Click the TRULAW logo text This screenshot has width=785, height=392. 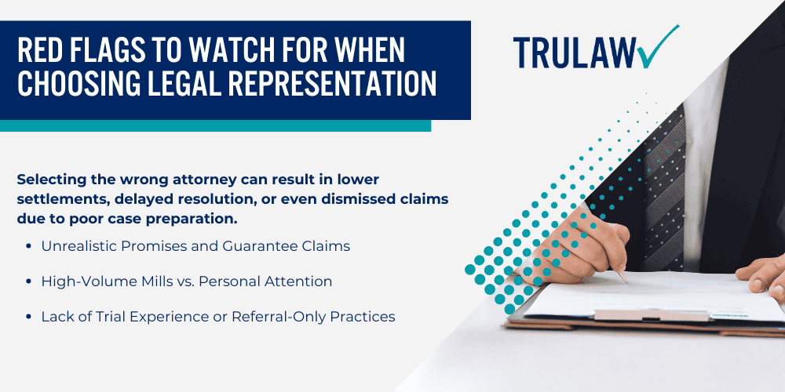point(574,53)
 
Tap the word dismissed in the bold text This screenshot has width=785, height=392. point(357,199)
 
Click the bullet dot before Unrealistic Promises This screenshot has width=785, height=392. point(28,246)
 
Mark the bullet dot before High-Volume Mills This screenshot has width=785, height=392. point(28,281)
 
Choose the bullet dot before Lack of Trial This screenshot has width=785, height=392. point(28,317)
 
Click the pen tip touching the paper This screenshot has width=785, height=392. point(626,281)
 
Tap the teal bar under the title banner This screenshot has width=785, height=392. point(215,125)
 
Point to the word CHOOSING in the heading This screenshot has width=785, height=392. point(74,83)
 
